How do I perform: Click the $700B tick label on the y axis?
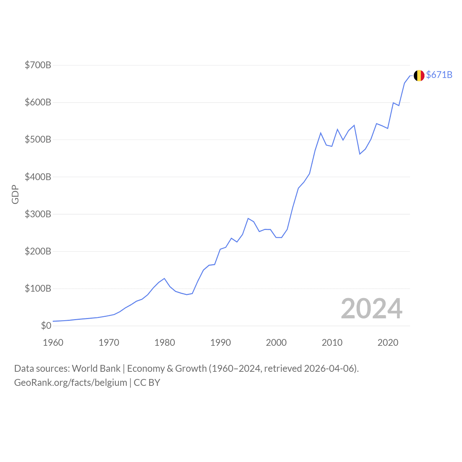(38, 65)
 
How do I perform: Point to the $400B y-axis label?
(38, 177)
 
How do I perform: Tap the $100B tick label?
(38, 288)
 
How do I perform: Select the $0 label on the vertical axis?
(46, 326)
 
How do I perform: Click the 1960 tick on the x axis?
(53, 343)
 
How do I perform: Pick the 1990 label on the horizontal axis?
(221, 343)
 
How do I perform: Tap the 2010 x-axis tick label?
(332, 343)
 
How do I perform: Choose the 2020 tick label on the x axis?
(388, 343)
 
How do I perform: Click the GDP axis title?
(15, 195)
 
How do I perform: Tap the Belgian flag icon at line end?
(419, 75)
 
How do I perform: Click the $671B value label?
(439, 75)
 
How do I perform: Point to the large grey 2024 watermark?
(371, 309)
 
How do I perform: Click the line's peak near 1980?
(164, 278)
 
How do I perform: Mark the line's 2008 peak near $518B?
(321, 133)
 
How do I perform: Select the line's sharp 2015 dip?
(360, 154)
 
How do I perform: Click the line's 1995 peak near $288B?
(248, 218)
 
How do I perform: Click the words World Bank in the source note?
(96, 369)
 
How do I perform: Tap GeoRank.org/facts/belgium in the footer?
(70, 383)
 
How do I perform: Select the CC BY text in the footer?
(147, 383)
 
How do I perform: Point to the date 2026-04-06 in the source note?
(330, 369)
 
